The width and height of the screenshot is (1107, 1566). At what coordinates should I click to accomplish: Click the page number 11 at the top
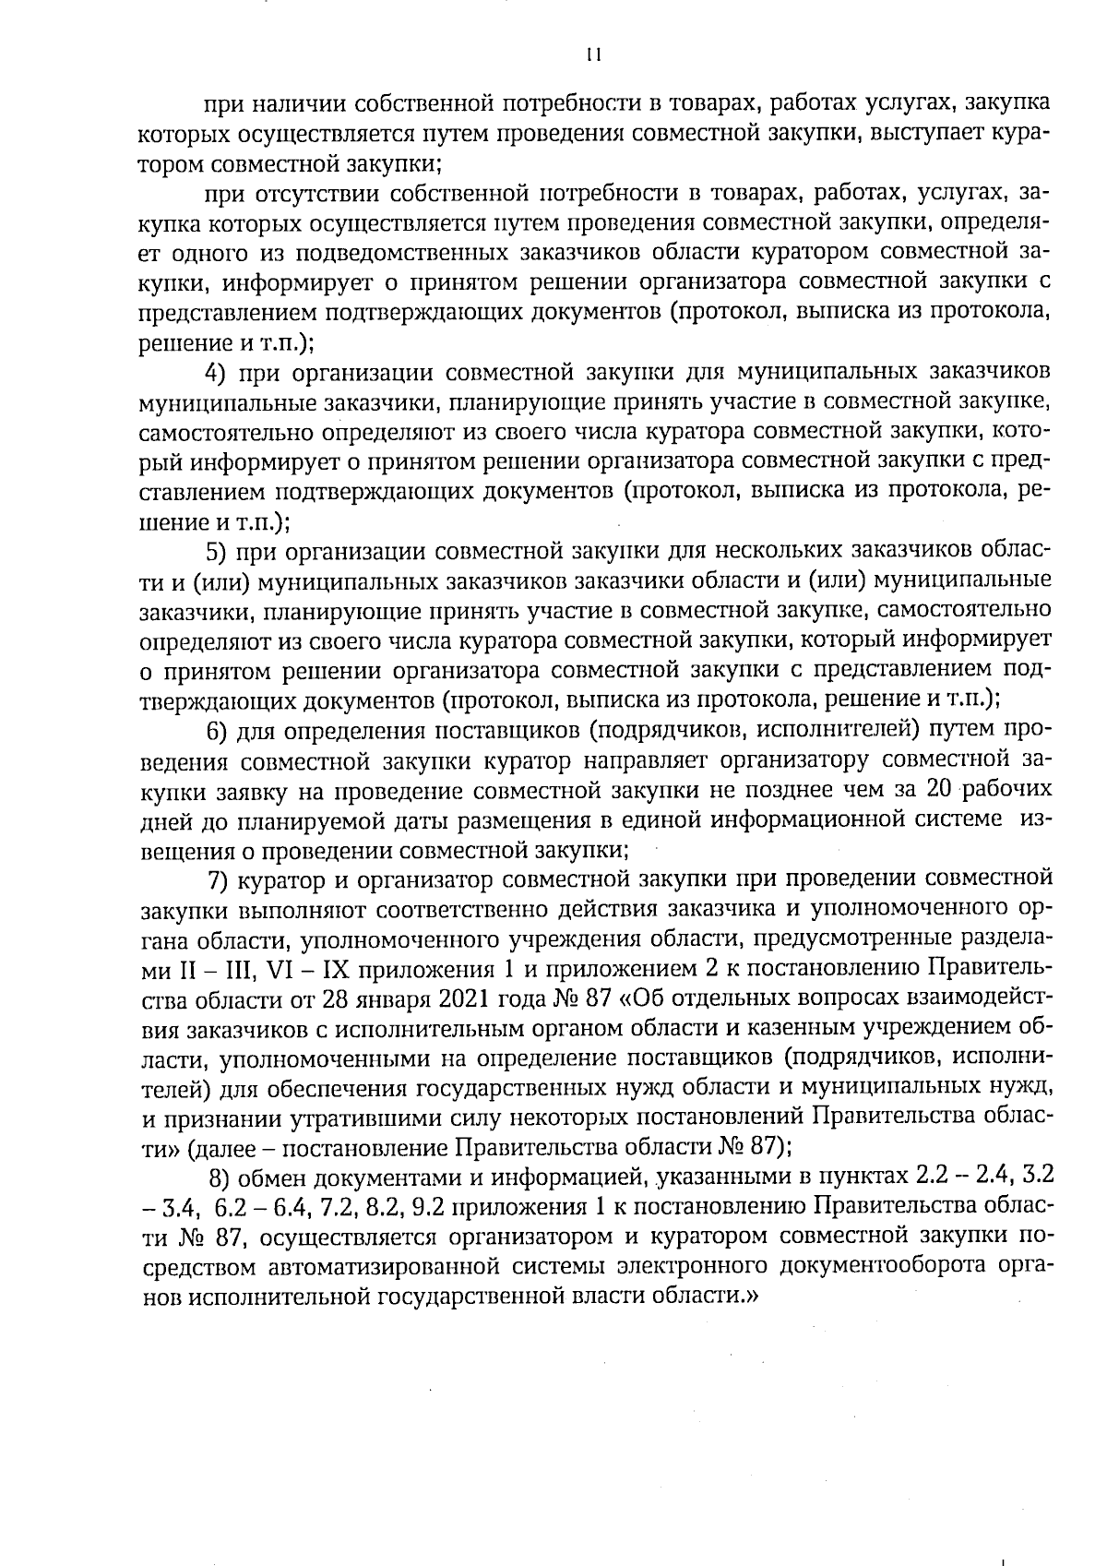click(x=593, y=55)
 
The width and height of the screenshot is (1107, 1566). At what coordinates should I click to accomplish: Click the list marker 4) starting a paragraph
click(x=215, y=373)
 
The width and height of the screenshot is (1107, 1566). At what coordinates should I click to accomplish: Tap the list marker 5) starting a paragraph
click(x=215, y=552)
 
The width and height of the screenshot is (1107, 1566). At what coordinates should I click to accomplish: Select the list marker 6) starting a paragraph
click(x=216, y=731)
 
